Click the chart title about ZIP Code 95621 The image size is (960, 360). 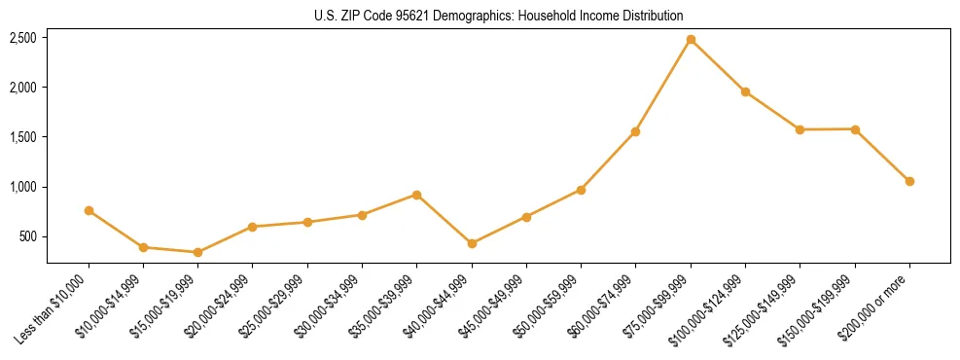tap(499, 16)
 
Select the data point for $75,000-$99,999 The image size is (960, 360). tap(691, 40)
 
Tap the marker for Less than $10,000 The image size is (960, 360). tap(89, 210)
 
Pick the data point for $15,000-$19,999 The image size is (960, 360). tap(197, 252)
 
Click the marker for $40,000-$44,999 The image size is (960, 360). tap(472, 243)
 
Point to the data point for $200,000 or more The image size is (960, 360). tap(909, 181)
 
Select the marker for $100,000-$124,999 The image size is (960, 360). tap(745, 91)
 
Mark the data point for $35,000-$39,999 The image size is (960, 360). tap(416, 195)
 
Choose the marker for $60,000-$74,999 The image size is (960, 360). tap(635, 131)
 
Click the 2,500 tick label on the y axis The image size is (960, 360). tap(23, 38)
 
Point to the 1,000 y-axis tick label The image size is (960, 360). tap(23, 187)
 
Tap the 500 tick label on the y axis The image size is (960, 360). tap(28, 236)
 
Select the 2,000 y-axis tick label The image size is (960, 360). tap(23, 88)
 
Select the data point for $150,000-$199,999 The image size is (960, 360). tap(855, 128)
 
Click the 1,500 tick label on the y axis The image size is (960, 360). tap(23, 137)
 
